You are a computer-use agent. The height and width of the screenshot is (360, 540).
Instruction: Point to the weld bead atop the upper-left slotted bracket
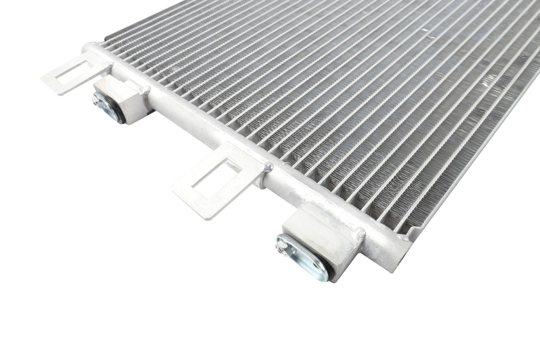(x=110, y=63)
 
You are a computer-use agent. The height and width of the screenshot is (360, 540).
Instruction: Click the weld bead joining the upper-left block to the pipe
(x=144, y=90)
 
